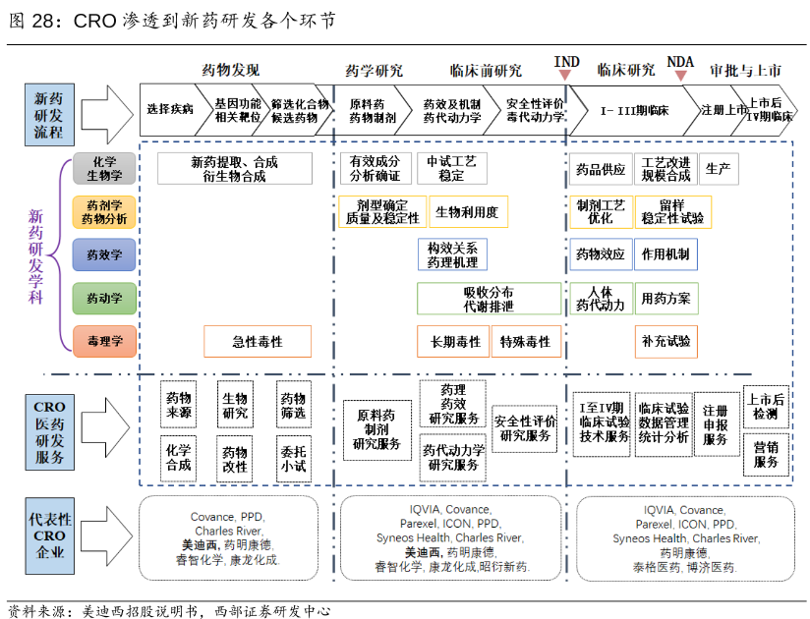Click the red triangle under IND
click(x=565, y=76)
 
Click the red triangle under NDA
click(x=680, y=76)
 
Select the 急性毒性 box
click(x=258, y=342)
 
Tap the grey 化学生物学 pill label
click(x=105, y=168)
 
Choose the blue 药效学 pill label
click(x=105, y=254)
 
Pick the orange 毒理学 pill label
click(x=105, y=341)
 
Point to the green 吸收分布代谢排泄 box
click(x=489, y=299)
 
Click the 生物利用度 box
click(x=467, y=211)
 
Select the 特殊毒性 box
click(x=526, y=342)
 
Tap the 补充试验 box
click(x=666, y=342)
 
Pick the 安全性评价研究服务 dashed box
click(x=526, y=427)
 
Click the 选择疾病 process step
click(x=170, y=109)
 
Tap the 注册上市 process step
click(x=724, y=109)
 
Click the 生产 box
click(x=718, y=169)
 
